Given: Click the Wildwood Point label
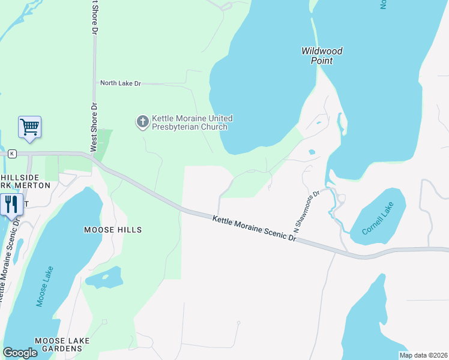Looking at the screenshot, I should pos(322,56).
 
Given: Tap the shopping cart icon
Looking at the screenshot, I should pos(29,127).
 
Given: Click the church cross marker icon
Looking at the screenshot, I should pos(142,122).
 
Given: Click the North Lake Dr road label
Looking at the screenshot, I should pos(120,83).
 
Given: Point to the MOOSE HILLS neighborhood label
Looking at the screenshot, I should pos(113,230).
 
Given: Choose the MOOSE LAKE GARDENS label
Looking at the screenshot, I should pos(62,345).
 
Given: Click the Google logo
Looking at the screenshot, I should pos(20,353).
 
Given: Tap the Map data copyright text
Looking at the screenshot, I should pos(423,355).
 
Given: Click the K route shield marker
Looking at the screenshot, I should pos(11,154).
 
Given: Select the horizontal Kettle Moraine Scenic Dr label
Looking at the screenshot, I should pos(255,229).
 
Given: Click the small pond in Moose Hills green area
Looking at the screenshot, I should pos(112,277).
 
